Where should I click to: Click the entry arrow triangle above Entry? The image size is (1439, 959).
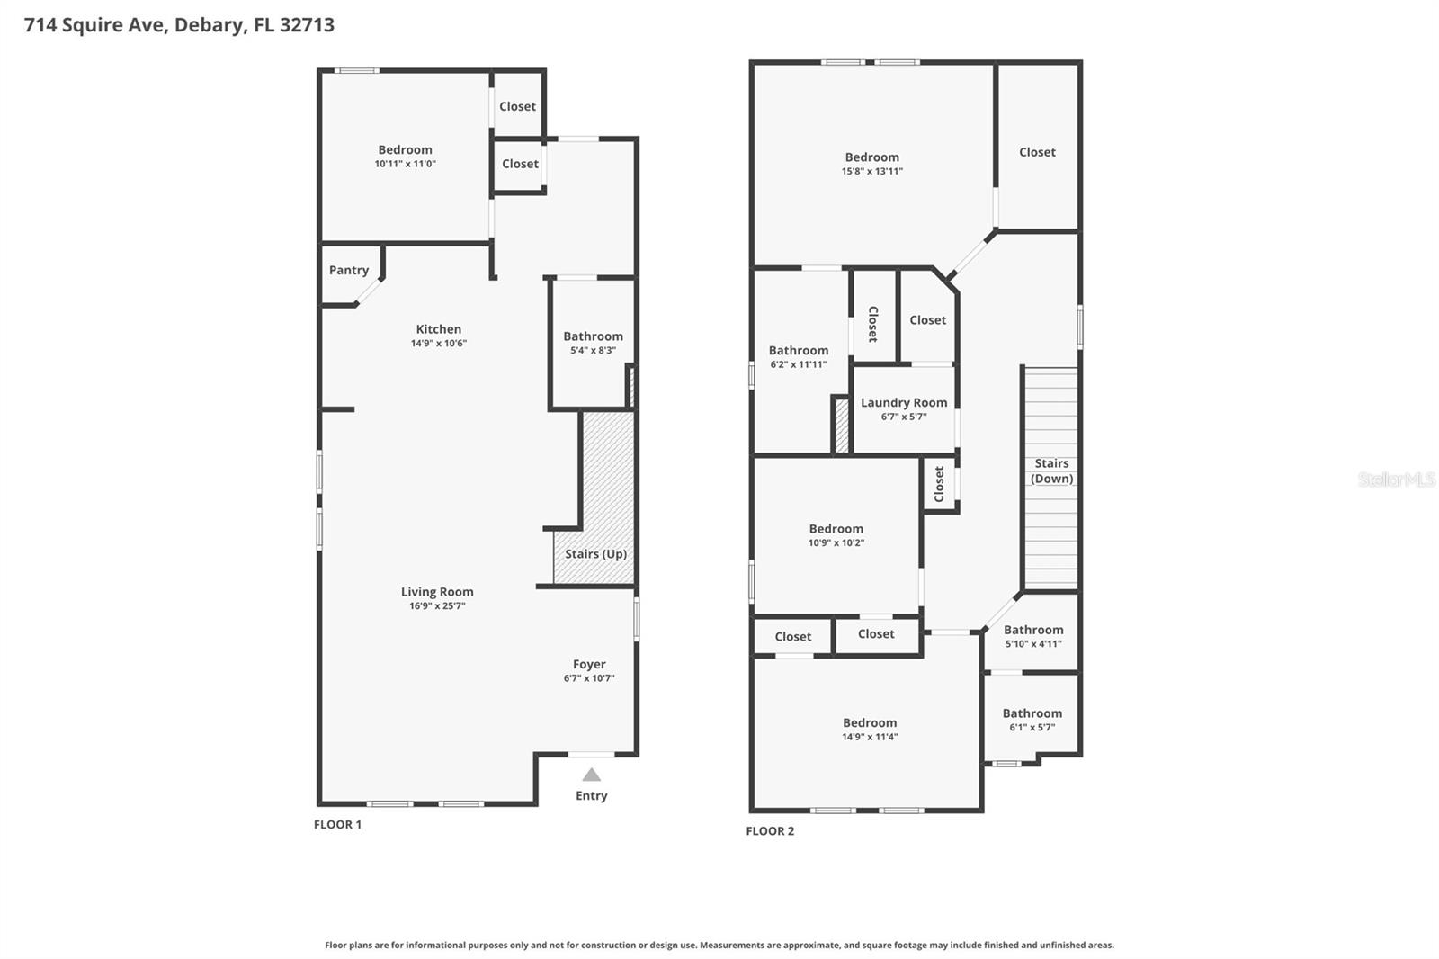click(x=591, y=775)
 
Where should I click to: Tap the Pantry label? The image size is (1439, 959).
click(x=349, y=270)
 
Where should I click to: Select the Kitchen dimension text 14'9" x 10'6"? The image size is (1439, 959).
click(x=439, y=344)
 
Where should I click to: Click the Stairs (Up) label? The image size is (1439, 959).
click(x=595, y=554)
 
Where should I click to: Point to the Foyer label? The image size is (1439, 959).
click(x=589, y=665)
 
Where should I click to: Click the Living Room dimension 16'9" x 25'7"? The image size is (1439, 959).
click(x=437, y=606)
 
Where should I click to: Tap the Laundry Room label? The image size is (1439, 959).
click(x=904, y=403)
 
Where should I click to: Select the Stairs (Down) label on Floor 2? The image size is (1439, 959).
click(x=1051, y=471)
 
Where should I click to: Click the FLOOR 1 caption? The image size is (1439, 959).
click(x=337, y=824)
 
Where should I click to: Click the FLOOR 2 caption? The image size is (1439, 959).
click(x=770, y=831)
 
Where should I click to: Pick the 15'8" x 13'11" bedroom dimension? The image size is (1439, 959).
click(x=871, y=171)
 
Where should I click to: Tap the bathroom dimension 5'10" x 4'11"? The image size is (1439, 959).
click(x=1033, y=644)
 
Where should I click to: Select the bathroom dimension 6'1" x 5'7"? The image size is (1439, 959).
click(x=1032, y=728)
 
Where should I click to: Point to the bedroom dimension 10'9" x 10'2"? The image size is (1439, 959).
click(x=836, y=543)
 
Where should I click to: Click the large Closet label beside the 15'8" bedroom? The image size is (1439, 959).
click(x=1037, y=152)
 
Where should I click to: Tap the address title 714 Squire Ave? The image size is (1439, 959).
click(x=179, y=24)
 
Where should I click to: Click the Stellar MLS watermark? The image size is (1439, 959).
click(x=1396, y=479)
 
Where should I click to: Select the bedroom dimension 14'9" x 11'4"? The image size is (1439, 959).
click(x=870, y=737)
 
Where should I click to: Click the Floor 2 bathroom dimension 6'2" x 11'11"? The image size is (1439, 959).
click(x=798, y=364)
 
